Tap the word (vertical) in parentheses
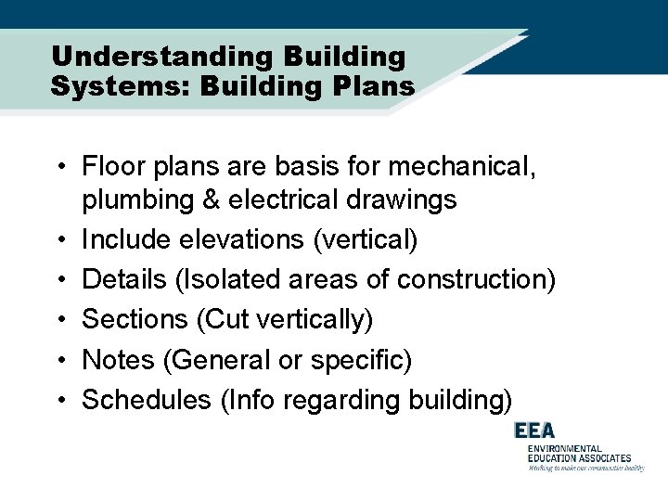pyautogui.click(x=366, y=240)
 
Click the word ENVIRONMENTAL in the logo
pyautogui.click(x=565, y=448)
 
